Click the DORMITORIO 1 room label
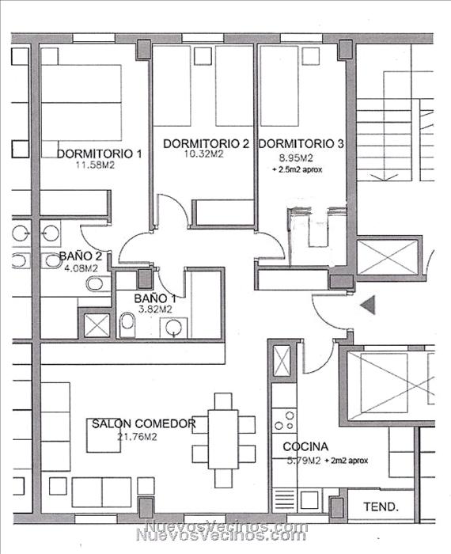(99, 154)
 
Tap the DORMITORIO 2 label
(207, 143)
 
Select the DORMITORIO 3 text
(301, 143)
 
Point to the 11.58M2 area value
(96, 165)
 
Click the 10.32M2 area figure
(204, 154)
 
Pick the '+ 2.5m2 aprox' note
(297, 169)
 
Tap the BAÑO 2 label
(81, 256)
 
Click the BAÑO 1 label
(155, 298)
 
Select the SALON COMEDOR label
(144, 423)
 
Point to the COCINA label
(305, 446)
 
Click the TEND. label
(381, 507)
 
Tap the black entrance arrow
(368, 305)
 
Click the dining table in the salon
(223, 438)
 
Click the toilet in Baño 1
(127, 324)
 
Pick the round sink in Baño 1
(174, 328)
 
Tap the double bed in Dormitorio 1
(81, 103)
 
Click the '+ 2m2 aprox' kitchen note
(347, 461)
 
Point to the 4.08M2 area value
(81, 268)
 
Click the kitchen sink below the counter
(309, 499)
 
